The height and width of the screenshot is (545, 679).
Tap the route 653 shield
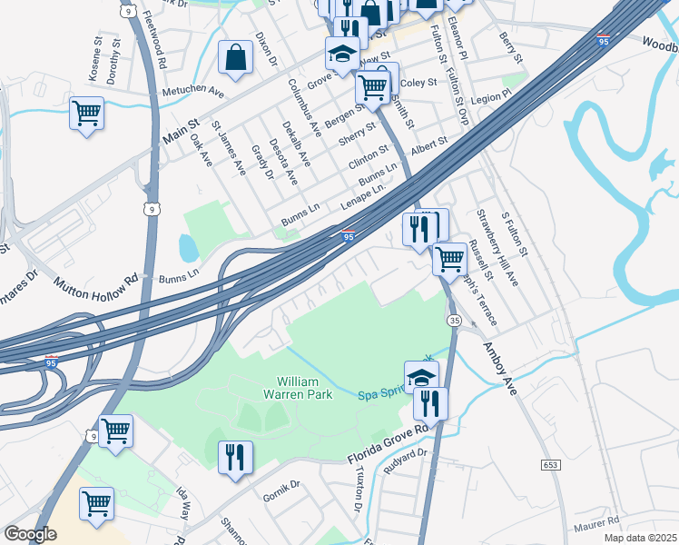tap(552, 464)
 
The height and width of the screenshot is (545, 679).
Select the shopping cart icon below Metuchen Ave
tap(86, 114)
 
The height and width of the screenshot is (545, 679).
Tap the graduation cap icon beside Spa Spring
tap(421, 376)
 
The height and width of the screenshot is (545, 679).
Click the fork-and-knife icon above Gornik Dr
tap(235, 456)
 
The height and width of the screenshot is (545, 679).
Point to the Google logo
tap(30, 533)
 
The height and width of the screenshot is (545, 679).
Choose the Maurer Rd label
tap(596, 522)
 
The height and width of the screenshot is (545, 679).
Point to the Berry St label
tap(511, 47)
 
